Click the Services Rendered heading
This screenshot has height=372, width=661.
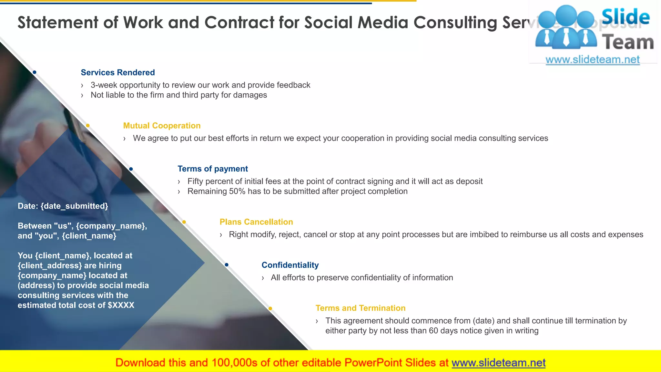117,72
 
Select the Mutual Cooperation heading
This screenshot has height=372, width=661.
162,126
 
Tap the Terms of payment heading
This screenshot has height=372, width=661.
213,169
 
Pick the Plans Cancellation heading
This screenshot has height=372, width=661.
256,222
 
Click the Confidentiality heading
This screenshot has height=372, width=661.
290,265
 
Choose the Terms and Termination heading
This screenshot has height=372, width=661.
360,308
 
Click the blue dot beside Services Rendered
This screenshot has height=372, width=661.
35,72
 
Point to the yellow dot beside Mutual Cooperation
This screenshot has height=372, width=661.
88,125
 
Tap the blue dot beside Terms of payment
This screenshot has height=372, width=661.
131,169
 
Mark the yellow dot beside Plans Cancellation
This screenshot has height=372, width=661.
184,222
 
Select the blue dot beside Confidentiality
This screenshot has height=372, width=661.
227,265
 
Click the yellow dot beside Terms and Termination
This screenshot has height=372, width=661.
270,308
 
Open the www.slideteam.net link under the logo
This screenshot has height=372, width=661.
592,59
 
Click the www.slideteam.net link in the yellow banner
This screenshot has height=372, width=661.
498,363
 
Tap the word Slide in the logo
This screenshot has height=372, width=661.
625,17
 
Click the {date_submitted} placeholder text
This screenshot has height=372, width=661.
74,206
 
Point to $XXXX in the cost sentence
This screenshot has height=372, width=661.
121,305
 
